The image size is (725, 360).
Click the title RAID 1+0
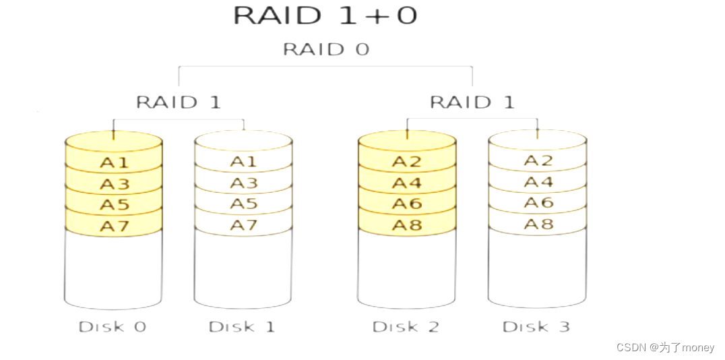tap(325, 16)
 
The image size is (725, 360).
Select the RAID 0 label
tap(325, 49)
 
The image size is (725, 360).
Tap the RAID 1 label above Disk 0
tap(178, 102)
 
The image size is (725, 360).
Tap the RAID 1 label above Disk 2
tap(472, 102)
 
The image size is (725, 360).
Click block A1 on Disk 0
tap(114, 162)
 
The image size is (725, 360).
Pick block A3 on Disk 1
tap(243, 183)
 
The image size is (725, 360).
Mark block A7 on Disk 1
tap(243, 225)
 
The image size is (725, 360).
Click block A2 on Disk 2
tap(406, 162)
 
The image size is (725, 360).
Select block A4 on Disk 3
tap(538, 182)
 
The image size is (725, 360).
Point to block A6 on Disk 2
tap(406, 204)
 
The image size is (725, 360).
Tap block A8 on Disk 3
tap(538, 224)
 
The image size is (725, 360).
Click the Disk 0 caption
tap(112, 327)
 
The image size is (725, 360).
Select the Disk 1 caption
tap(241, 327)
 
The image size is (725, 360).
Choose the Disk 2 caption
tap(406, 327)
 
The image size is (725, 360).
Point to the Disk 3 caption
tap(536, 327)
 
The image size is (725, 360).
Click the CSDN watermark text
tap(665, 347)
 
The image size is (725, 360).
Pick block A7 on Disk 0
tap(114, 226)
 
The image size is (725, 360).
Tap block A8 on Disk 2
tap(406, 224)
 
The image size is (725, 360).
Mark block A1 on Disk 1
tap(243, 162)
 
